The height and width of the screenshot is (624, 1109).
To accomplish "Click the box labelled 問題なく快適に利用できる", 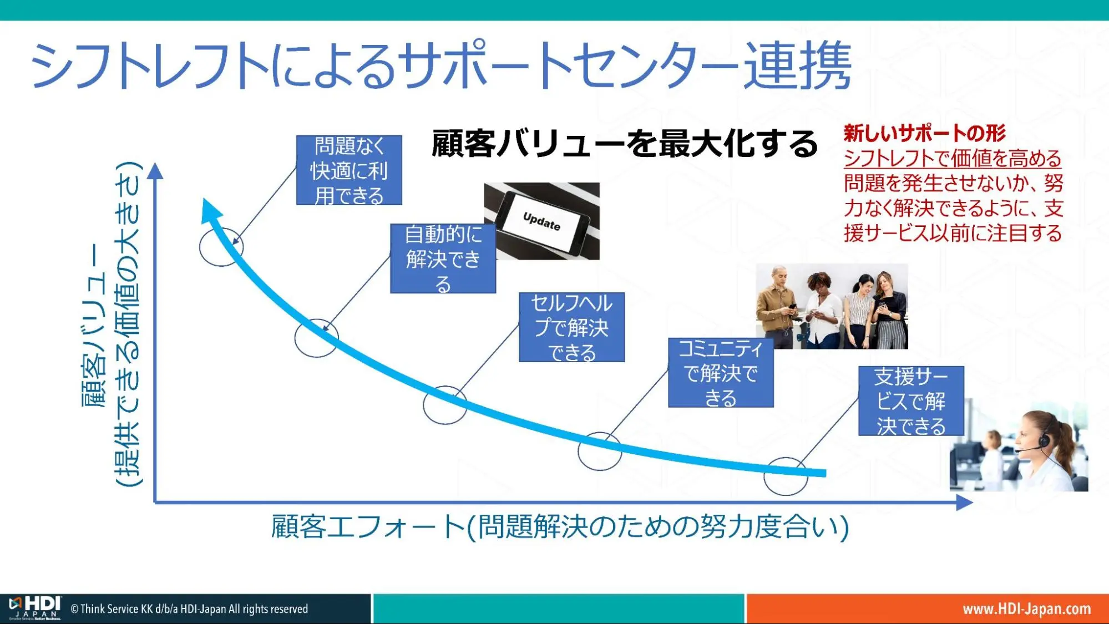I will click(349, 170).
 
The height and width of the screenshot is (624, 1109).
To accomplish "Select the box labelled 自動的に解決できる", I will click(443, 258).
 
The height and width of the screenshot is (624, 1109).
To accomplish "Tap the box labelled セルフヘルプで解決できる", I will click(571, 327).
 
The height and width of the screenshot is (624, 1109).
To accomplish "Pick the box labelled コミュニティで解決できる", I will click(721, 373).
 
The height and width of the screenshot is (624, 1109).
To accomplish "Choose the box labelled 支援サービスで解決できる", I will click(911, 401).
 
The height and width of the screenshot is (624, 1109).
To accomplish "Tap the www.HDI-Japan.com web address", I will click(1026, 609).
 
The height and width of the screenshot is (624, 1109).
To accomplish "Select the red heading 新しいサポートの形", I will click(924, 133).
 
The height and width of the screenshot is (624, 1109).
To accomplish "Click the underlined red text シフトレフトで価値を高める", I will click(952, 159).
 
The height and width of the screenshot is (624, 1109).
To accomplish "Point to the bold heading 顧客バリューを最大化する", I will click(624, 144).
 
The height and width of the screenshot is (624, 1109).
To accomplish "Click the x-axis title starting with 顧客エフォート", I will click(559, 526).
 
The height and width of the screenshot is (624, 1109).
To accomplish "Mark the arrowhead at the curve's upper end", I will click(210, 210).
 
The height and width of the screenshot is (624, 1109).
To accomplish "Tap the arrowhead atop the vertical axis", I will click(156, 171).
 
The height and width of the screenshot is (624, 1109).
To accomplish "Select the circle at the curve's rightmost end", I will click(786, 476).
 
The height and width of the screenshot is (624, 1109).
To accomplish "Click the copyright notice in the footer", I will click(189, 609).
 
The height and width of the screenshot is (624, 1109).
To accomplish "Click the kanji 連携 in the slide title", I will click(797, 65).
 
